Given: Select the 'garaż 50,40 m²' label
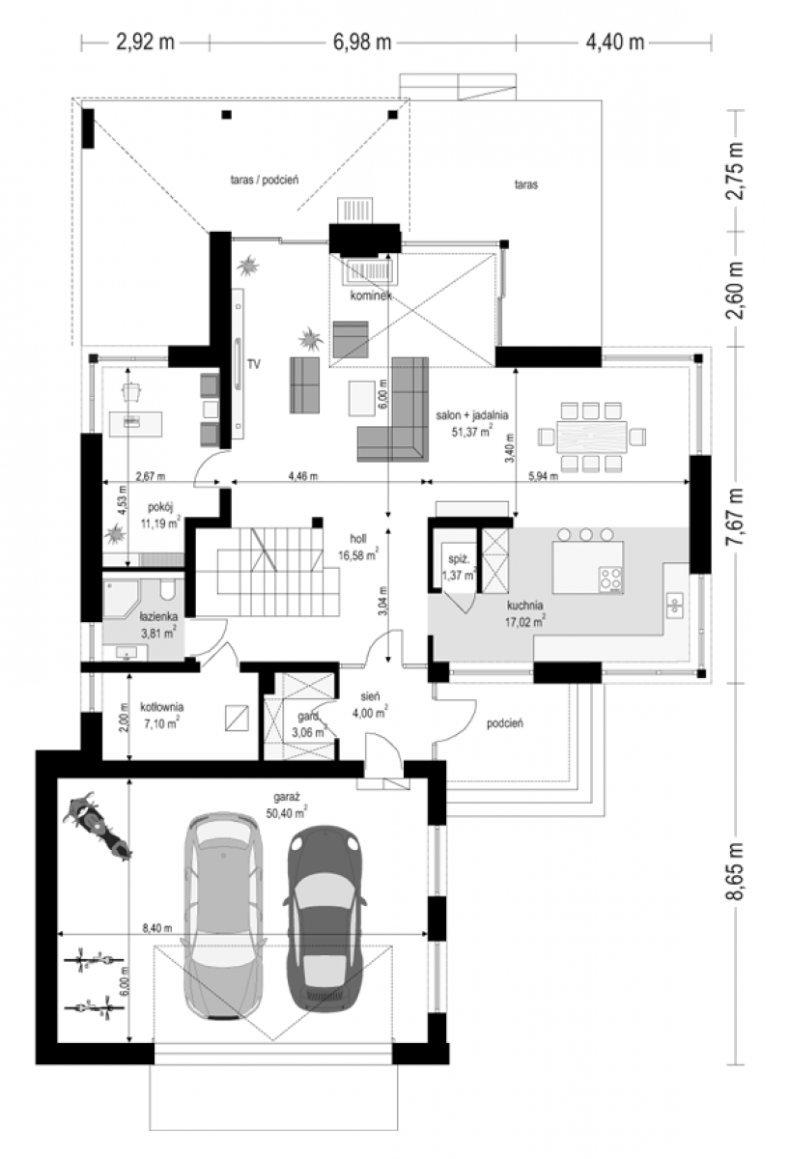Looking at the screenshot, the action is point(286,802).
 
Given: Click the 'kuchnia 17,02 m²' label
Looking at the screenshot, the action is point(524,612).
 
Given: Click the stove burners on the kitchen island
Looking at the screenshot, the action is point(610,579).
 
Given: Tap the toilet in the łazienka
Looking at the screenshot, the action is point(168,589).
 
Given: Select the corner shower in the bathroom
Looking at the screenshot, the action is point(121,598).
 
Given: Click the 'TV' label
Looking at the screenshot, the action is point(253,364).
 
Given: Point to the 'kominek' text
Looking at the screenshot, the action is point(371,296).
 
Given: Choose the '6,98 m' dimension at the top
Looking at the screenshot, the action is point(361,42).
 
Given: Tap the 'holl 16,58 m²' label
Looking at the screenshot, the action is point(358,547).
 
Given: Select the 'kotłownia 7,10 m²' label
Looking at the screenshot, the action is point(161,715).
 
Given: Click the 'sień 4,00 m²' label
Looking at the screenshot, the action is point(370,705).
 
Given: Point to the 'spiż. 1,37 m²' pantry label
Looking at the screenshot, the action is point(459,567).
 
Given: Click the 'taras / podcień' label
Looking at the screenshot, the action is point(265,180).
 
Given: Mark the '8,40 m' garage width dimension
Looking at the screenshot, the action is point(157,929).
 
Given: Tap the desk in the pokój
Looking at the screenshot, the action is point(135,424).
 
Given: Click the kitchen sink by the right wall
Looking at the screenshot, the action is point(675,606).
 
